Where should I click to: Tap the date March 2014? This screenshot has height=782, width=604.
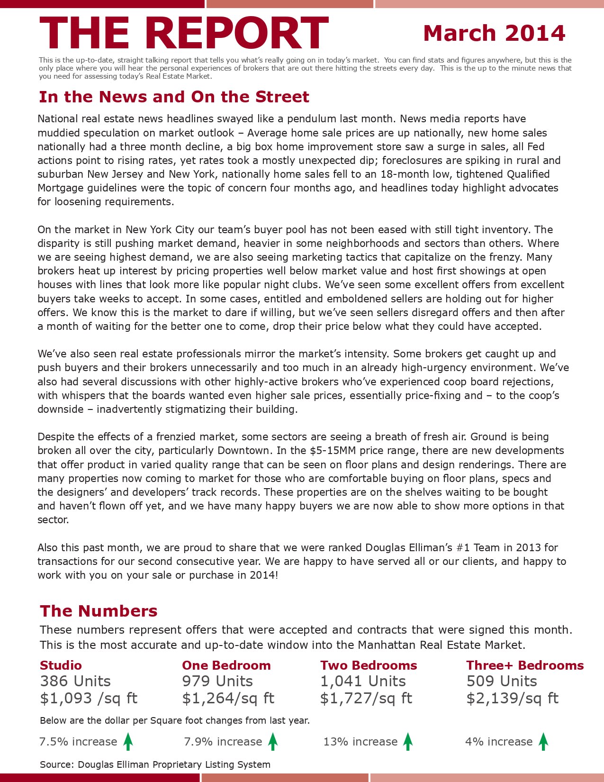point(494,33)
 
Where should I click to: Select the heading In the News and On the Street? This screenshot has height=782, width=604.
point(174,97)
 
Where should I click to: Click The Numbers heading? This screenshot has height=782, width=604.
point(99,611)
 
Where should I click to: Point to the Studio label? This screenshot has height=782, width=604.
point(61,665)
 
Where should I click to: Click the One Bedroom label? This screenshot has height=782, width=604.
point(226,665)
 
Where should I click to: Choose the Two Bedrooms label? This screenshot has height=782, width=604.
point(368,665)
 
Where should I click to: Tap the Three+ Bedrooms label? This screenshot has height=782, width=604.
point(524,665)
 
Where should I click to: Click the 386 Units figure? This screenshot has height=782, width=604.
point(75,681)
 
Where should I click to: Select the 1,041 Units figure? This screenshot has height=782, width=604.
point(363,681)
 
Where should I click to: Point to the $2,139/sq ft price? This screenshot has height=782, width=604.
point(512,698)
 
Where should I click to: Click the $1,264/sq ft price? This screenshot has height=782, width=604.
point(228,698)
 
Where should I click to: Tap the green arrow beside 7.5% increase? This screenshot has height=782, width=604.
point(128,741)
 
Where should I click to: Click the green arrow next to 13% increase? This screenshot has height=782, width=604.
point(408,741)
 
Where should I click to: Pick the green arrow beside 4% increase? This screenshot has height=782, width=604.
point(543,741)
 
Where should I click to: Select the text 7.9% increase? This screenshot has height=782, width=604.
point(223,742)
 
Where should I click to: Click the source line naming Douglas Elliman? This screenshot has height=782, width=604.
point(155,764)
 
